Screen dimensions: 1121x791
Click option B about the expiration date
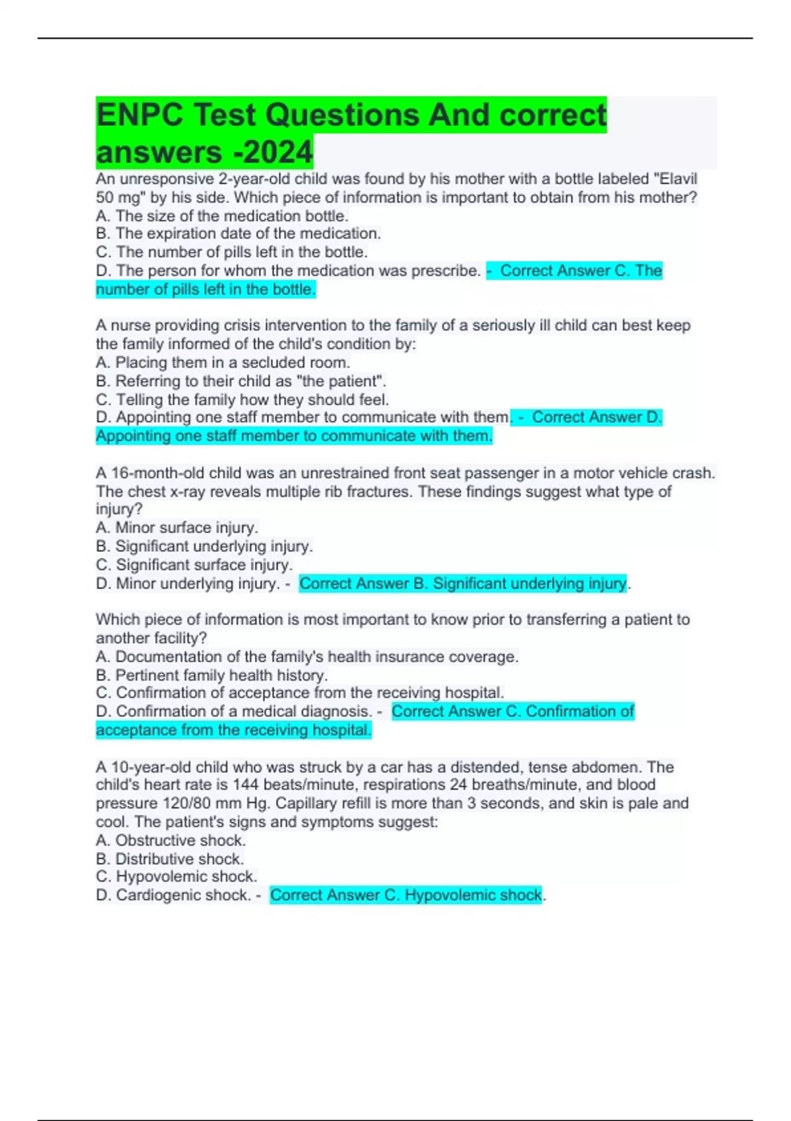(238, 233)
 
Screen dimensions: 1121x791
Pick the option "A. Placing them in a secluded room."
(222, 363)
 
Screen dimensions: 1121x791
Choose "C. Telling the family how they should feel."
(242, 400)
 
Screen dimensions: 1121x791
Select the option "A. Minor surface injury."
(177, 528)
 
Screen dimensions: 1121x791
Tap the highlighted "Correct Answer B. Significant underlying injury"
(463, 584)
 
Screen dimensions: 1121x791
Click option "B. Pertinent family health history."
(211, 675)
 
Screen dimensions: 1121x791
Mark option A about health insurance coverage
(307, 657)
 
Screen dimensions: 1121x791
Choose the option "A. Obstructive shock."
(170, 840)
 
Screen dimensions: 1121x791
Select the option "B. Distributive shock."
(169, 859)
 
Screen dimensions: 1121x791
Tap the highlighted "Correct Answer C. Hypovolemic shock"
(406, 895)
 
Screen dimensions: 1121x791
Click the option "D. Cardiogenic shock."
(173, 895)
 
